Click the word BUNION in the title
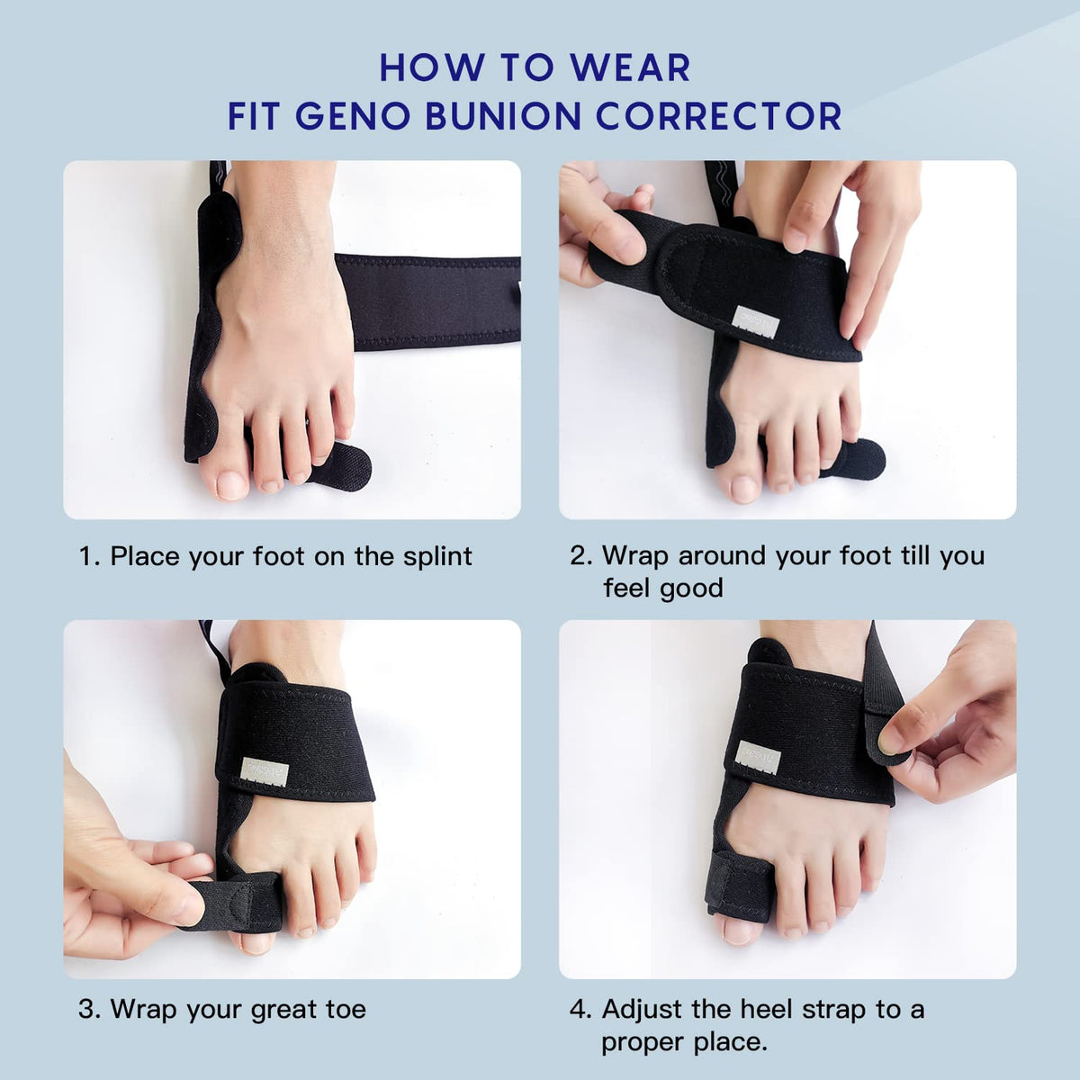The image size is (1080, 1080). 491,117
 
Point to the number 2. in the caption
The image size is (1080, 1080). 580,556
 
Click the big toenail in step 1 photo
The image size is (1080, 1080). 231,485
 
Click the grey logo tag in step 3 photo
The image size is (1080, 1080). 265,770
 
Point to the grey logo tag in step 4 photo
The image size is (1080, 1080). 759,754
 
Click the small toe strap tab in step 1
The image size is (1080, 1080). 340,466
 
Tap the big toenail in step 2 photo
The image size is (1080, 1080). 744,488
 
